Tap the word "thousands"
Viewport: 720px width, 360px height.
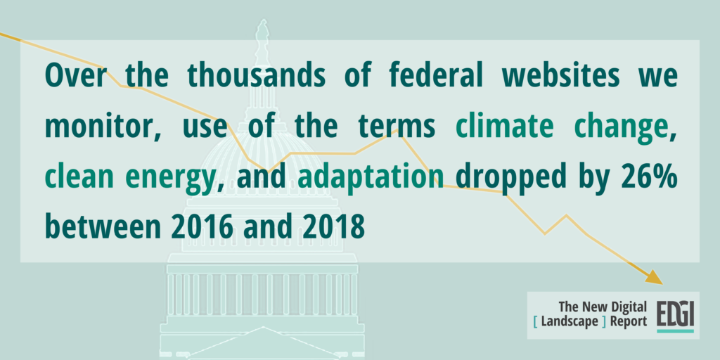click(256, 75)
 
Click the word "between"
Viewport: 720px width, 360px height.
click(103, 226)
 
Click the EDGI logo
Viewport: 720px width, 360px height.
click(675, 316)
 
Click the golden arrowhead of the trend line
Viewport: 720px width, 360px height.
click(655, 278)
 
